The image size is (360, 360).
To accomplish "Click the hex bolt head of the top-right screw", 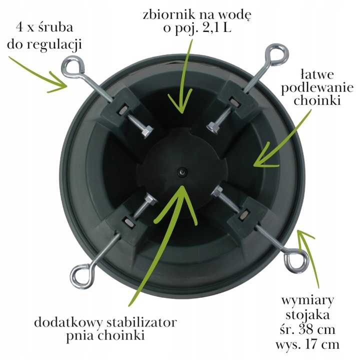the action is (x=213, y=127).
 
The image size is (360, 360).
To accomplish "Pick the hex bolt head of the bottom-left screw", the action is (x=151, y=199).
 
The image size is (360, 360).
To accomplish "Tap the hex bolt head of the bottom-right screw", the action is (x=217, y=191).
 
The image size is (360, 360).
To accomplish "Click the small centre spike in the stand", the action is (x=182, y=172).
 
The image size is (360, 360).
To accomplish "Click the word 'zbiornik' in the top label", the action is (x=169, y=15).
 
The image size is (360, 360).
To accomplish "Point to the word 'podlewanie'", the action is (x=317, y=88).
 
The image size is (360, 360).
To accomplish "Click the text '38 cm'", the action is (x=317, y=329).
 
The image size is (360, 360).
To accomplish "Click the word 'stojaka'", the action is (x=307, y=315).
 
